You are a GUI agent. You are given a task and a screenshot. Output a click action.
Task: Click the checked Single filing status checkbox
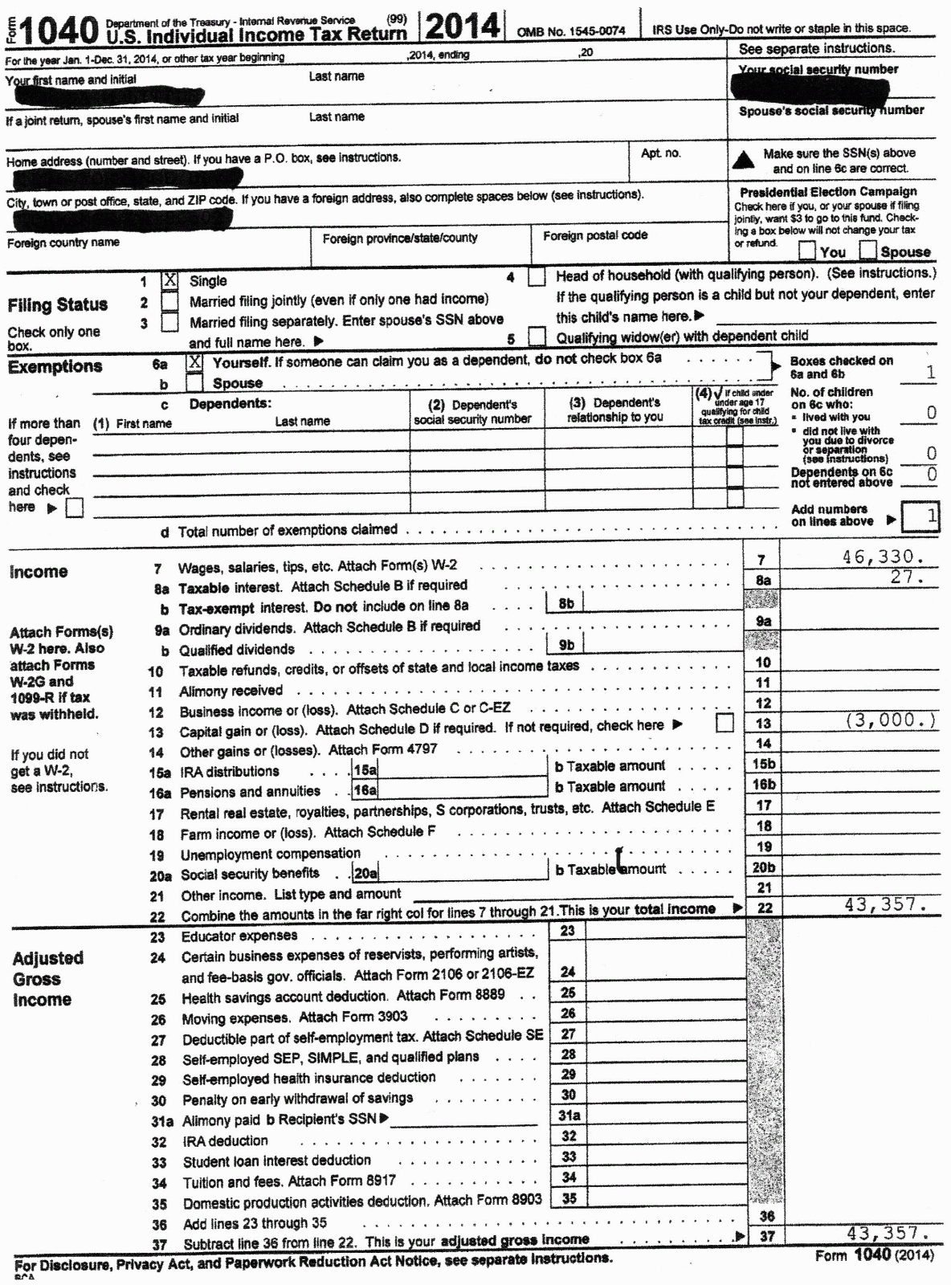[170, 280]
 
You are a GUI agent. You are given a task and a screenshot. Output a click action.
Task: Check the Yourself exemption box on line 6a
[194, 362]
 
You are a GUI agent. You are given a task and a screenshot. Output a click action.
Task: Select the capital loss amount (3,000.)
[890, 720]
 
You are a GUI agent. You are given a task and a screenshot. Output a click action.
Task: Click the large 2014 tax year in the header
[461, 27]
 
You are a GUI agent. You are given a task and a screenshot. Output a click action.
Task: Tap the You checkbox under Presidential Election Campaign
[808, 251]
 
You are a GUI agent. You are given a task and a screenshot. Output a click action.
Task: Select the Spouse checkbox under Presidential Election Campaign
[867, 251]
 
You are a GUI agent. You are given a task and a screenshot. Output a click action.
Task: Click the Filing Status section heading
[57, 305]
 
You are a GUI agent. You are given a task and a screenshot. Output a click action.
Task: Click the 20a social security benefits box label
[365, 873]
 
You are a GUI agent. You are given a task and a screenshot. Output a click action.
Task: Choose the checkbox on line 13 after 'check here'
[724, 724]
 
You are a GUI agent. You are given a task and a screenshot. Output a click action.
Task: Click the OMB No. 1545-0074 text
[571, 31]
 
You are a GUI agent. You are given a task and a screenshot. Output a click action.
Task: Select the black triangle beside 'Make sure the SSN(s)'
[745, 160]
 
